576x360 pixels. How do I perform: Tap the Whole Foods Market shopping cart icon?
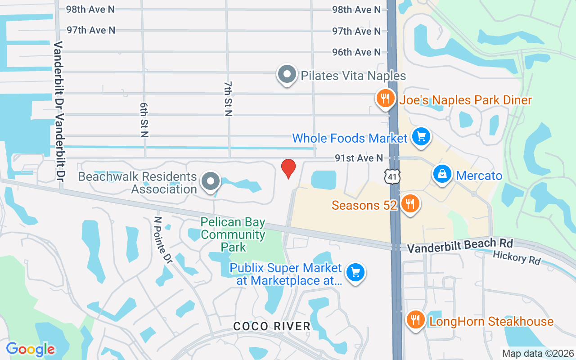click(421, 136)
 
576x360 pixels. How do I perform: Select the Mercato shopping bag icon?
click(442, 174)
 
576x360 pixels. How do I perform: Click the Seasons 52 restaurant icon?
click(410, 204)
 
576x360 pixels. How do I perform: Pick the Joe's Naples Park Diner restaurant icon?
click(385, 98)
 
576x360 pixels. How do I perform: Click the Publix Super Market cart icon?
click(355, 272)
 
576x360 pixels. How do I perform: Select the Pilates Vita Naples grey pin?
click(287, 75)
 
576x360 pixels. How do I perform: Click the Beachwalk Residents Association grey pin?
click(210, 182)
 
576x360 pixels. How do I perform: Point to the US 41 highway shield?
click(392, 176)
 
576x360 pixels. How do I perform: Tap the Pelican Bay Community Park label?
click(233, 235)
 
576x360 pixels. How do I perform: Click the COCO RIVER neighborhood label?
click(272, 326)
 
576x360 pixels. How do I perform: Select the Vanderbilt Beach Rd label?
click(459, 246)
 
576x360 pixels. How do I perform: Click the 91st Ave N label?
click(359, 158)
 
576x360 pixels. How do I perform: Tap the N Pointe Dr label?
click(162, 240)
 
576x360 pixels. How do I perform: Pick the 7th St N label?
click(228, 99)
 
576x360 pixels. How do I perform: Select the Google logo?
click(31, 349)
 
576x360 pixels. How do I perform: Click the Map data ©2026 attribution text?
click(538, 353)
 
